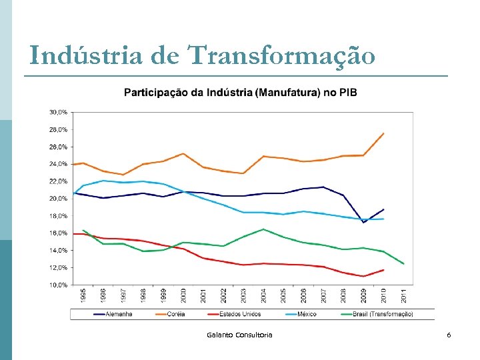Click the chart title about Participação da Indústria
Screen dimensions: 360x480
240,92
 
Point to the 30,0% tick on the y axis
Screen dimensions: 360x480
57,112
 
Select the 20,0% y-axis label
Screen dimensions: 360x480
57,199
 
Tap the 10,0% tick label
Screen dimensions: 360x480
57,285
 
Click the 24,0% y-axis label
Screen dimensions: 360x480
57,164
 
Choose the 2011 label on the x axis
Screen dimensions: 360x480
404,296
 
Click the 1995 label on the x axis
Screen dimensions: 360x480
83,296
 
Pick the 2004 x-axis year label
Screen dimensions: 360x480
263,296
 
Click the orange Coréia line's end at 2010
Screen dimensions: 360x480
383,133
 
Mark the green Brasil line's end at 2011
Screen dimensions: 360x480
403,263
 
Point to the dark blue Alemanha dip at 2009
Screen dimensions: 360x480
363,223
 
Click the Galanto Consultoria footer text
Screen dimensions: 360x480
239,335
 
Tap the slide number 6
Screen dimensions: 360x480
449,335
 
